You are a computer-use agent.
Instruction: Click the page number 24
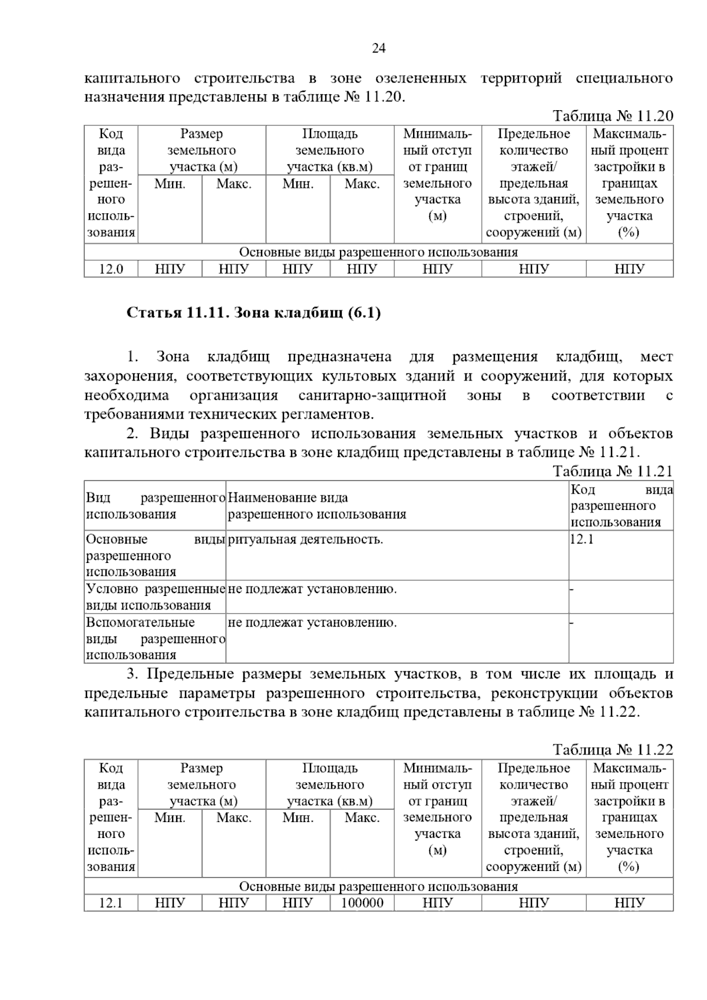point(378,49)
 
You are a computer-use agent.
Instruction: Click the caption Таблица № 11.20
point(612,116)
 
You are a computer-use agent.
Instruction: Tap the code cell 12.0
point(111,269)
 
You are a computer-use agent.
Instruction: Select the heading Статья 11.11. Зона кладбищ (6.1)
point(254,313)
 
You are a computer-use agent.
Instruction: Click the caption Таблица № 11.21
point(612,471)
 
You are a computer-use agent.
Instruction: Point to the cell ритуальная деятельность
point(305,539)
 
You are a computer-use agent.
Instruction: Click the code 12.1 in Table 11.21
point(582,539)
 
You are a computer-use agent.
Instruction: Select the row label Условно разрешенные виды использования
point(156,597)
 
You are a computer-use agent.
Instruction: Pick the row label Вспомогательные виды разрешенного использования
point(156,638)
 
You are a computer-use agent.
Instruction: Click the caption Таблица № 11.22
point(612,750)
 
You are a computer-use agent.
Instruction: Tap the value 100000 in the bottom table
point(362,903)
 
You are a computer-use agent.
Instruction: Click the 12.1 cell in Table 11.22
point(111,903)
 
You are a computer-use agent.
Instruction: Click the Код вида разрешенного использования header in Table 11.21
point(621,505)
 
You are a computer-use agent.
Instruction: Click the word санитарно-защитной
point(372,395)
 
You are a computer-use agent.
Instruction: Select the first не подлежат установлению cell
point(312,589)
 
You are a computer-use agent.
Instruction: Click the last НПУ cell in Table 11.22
point(629,903)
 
